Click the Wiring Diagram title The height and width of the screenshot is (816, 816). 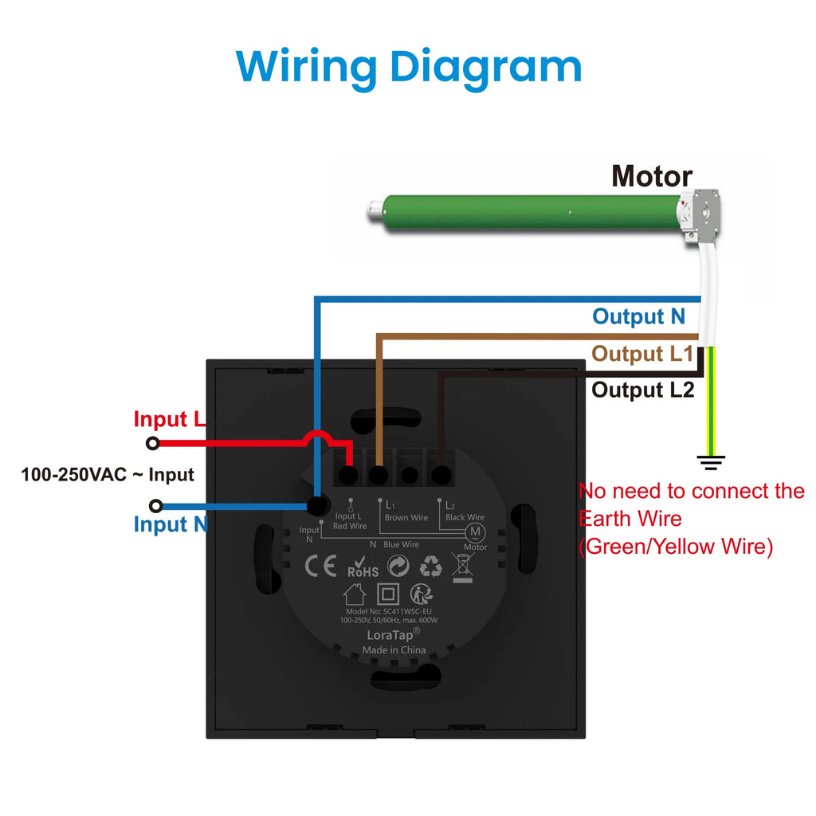pos(409,68)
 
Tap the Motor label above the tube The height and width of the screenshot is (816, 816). pos(652,176)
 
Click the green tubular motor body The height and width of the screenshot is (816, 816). pos(531,213)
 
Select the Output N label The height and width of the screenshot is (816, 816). pos(638,316)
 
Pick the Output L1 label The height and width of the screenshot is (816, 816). pos(642,353)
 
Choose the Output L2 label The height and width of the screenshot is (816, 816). pos(643,390)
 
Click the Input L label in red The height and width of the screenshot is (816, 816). pos(169,419)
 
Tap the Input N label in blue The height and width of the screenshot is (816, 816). pos(171,524)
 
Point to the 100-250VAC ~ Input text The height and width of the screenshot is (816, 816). pos(108,475)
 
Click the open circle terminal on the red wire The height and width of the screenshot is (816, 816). pos(152,443)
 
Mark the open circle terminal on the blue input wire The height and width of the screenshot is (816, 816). pos(155,506)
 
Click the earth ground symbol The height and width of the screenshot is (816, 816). pos(711,463)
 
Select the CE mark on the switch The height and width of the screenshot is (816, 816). pos(320,567)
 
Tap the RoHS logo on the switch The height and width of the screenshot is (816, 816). pos(363,567)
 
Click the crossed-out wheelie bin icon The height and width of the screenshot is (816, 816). pos(462,567)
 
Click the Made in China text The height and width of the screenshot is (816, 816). pos(394,650)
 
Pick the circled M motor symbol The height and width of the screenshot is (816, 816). pos(475,532)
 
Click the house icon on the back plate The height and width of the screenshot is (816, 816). pos(355,594)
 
